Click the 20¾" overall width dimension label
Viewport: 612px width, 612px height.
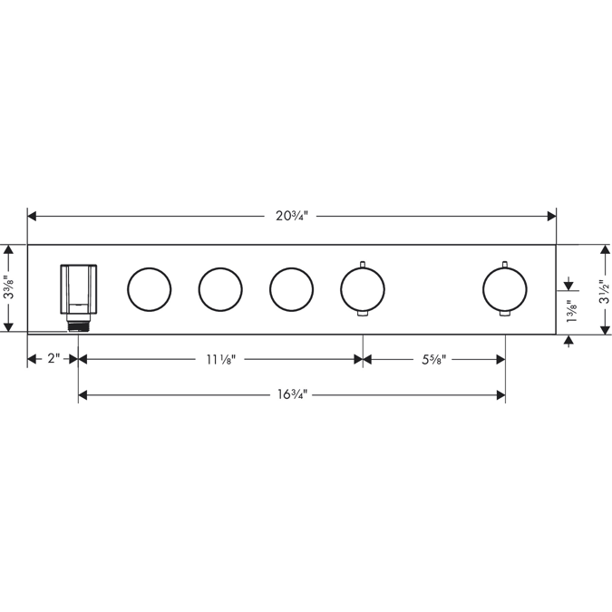tap(292, 216)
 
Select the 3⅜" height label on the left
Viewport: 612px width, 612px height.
tap(8, 288)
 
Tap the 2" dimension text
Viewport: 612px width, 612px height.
tap(53, 359)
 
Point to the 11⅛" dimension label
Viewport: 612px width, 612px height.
tap(220, 359)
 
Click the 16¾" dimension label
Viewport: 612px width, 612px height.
tap(292, 394)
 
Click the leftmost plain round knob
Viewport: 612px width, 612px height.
tap(150, 289)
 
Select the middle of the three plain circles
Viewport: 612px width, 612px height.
tap(220, 289)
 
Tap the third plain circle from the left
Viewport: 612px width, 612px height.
tap(291, 289)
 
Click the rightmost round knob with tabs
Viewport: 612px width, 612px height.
tap(504, 289)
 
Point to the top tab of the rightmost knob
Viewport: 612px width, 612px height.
tap(504, 264)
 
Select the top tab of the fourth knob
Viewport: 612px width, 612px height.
tap(363, 264)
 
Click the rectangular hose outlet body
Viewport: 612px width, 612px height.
tap(78, 289)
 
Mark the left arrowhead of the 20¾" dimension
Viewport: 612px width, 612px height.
tap(32, 216)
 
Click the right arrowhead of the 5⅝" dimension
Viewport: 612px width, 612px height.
tap(500, 359)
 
